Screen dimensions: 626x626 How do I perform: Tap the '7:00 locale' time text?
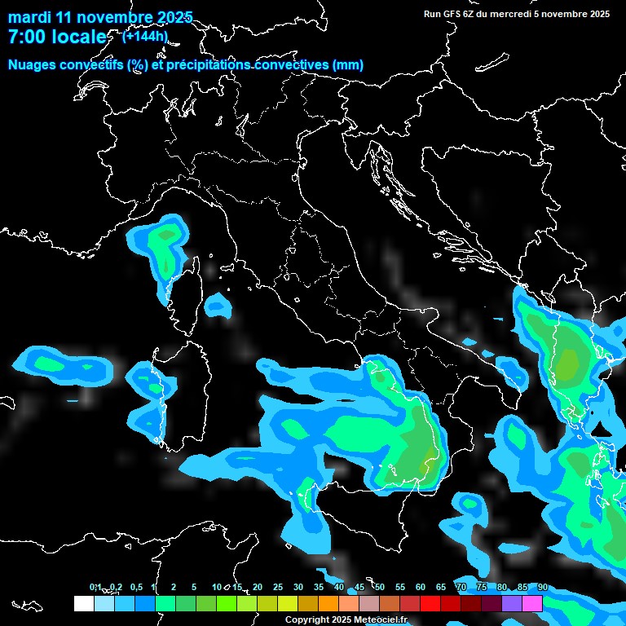point(56,37)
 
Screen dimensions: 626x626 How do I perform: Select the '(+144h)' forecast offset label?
point(146,36)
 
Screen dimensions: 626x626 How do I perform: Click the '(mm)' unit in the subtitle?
point(348,65)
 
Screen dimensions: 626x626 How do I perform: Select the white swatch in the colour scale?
point(83,603)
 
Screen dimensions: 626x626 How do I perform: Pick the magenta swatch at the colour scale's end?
point(532,603)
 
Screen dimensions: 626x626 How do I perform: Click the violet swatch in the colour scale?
point(512,603)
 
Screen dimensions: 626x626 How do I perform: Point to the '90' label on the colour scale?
point(542,588)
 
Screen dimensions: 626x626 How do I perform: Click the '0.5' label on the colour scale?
point(135,588)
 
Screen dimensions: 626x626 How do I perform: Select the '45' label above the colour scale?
point(359,588)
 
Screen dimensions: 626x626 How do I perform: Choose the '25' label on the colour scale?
point(278,588)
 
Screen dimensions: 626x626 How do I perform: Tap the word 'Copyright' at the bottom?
point(306,620)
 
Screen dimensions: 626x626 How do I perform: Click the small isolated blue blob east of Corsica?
point(217,306)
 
